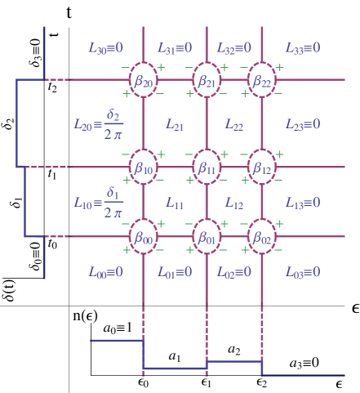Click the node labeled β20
point(143,81)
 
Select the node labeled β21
point(206,81)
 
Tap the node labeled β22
point(261,81)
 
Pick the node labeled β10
point(143,167)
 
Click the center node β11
point(206,167)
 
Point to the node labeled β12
point(261,167)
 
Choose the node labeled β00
point(143,238)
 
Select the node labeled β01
point(206,238)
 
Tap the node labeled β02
point(261,238)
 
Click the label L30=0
point(105,48)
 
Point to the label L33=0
point(302,48)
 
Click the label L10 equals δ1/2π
point(98,202)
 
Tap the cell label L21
point(175,125)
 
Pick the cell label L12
point(233,203)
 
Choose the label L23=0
point(302,125)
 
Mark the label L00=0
point(105,272)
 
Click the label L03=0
point(302,272)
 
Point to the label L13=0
point(302,203)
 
